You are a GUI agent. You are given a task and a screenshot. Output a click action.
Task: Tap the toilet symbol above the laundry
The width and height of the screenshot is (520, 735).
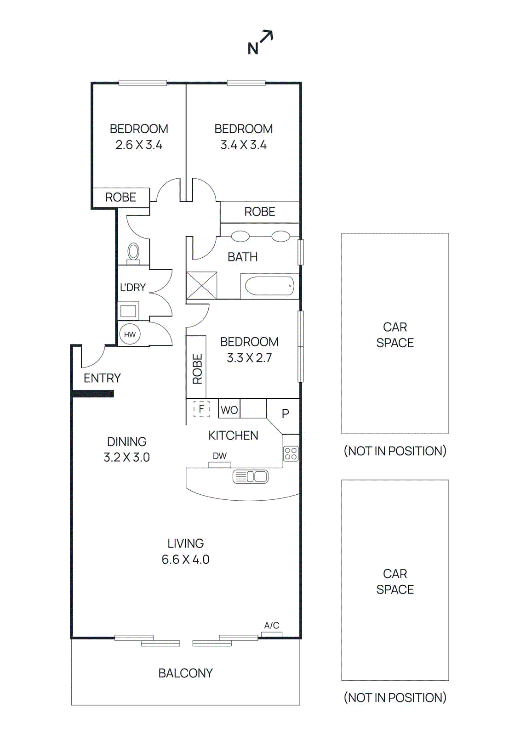133,253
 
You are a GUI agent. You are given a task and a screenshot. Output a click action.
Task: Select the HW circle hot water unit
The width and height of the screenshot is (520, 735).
130,334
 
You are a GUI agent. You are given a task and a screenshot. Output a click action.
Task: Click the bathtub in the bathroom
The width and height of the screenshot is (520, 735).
269,286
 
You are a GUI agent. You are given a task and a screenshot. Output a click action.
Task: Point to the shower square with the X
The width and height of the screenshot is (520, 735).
201,285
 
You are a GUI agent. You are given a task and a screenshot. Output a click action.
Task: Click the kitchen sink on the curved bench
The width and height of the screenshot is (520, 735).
251,476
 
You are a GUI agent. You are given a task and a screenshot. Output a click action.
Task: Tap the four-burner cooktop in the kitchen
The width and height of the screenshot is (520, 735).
291,453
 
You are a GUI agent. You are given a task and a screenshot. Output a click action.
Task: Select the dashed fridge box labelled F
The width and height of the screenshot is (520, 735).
201,408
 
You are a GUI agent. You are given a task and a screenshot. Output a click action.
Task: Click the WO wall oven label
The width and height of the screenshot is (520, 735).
229,410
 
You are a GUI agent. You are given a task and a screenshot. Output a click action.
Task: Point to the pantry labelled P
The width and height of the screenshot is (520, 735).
285,413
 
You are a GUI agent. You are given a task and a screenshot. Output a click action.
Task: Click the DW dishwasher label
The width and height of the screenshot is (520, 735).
220,456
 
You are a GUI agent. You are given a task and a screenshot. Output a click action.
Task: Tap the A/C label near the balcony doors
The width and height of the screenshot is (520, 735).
271,625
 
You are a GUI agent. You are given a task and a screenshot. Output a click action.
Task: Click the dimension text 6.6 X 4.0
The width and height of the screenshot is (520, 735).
185,560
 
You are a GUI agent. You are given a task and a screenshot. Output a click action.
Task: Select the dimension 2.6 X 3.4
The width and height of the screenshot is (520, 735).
139,145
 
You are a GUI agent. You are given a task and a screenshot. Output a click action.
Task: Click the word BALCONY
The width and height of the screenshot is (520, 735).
185,673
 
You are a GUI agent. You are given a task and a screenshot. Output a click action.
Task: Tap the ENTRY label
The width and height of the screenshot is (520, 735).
102,378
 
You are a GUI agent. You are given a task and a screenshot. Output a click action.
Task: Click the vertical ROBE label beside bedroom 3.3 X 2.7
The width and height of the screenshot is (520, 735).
197,369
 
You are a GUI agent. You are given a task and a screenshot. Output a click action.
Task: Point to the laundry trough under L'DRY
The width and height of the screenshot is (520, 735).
128,311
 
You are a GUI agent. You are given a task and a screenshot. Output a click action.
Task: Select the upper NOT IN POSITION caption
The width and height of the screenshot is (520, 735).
395,451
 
